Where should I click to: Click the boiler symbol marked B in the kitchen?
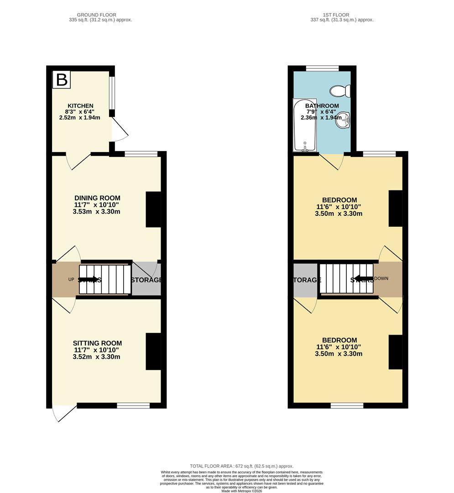62,79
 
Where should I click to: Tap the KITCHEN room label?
81,106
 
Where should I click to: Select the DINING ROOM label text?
98,198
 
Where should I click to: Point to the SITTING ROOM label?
97,343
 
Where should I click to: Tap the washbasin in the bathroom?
346,121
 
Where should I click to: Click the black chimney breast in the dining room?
153,209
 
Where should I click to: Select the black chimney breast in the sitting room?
153,351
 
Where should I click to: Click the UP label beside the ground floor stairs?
71,279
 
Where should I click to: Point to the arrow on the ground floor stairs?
89,279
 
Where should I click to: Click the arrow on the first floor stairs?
363,278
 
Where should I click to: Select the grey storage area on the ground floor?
146,279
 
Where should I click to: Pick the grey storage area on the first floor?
306,280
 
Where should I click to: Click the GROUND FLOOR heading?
96,15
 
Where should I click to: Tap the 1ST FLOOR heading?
341,15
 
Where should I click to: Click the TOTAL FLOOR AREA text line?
241,466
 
